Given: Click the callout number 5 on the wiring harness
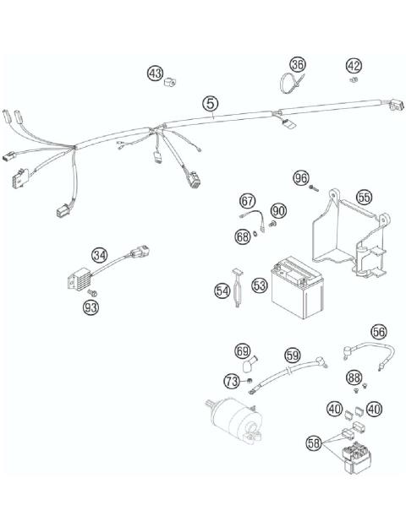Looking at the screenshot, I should point(211,104).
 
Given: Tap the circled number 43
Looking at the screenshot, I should point(155,74).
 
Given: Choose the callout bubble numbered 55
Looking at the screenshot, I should point(364,197).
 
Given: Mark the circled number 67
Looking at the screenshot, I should point(247,201).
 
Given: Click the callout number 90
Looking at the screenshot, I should point(278,209).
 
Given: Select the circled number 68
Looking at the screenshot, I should point(243,237).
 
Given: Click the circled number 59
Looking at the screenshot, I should point(293,356).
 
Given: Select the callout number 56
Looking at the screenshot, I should point(378,332).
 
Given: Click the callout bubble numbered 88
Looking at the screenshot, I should point(354,378).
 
